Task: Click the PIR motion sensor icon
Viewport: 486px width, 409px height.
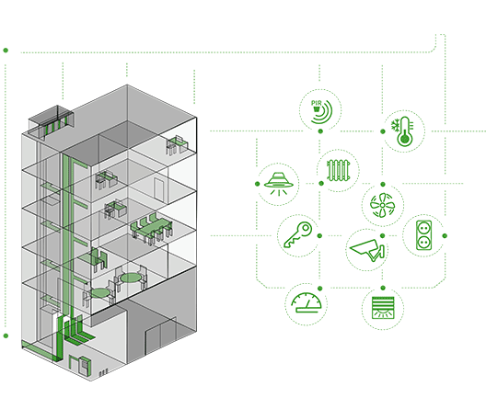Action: [x=321, y=111]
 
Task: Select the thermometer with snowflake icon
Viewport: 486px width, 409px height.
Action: [x=402, y=131]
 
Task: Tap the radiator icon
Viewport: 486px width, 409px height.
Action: [x=339, y=170]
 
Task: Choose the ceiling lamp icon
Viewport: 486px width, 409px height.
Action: [x=278, y=184]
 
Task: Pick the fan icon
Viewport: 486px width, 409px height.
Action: [x=383, y=205]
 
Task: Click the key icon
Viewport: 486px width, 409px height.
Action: [x=298, y=234]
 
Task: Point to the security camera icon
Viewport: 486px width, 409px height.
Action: [x=367, y=250]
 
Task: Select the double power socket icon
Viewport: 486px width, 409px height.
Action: [x=423, y=234]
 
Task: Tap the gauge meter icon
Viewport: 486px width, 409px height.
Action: [x=306, y=303]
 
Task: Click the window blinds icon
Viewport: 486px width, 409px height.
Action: [x=383, y=308]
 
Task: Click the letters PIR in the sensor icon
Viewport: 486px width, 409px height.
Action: [x=316, y=103]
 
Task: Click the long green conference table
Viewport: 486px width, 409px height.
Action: [x=151, y=228]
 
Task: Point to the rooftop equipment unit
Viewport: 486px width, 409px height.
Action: [x=52, y=122]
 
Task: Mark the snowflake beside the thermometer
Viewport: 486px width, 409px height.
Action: [x=395, y=125]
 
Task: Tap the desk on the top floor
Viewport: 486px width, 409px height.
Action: [x=177, y=144]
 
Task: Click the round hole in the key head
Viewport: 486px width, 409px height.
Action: [x=306, y=228]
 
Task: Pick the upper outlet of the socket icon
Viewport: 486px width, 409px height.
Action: [x=423, y=228]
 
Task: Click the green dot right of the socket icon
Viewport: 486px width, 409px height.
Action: [x=445, y=235]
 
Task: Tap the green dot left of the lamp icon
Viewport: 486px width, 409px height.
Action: [x=257, y=184]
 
